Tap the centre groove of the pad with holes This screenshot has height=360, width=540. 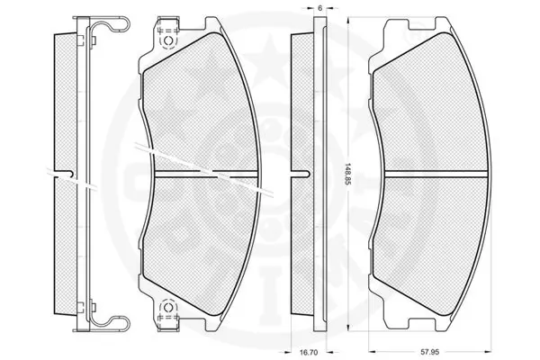click(207, 171)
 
